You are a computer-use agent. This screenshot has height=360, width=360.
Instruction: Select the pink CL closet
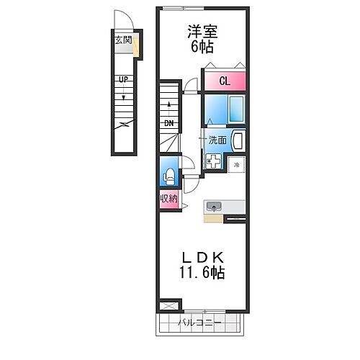[x=225, y=81]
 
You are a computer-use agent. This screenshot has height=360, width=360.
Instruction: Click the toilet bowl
[x=168, y=176]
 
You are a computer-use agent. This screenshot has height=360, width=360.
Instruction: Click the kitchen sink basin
[x=214, y=207]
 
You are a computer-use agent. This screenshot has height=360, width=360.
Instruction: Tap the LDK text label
[x=201, y=258]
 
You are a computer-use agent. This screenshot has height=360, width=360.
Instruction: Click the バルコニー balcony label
[x=198, y=323]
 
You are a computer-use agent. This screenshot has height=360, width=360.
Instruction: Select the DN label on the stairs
[x=169, y=123]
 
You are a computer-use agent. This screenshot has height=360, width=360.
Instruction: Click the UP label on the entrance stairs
[x=124, y=80]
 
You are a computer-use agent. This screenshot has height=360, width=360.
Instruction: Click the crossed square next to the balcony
[x=166, y=305]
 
